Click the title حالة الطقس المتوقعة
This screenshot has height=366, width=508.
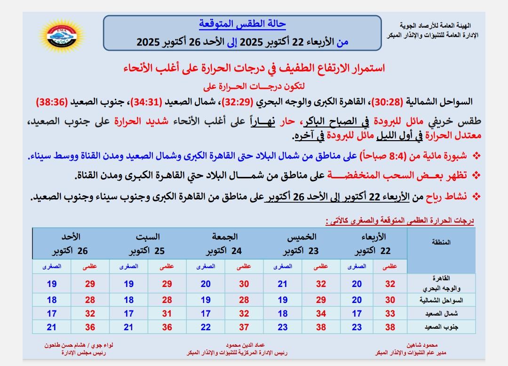[x=242, y=24]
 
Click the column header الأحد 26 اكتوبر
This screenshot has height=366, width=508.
[x=71, y=243]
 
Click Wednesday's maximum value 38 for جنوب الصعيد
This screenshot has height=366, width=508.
[x=390, y=327]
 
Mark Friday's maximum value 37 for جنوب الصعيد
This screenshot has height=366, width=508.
[x=244, y=327]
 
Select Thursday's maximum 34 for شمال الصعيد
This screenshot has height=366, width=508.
[x=321, y=313]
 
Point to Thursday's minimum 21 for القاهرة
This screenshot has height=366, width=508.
[x=283, y=284]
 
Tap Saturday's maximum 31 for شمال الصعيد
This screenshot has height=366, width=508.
[x=167, y=313]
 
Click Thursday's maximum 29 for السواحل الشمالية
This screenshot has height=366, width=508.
[x=321, y=300]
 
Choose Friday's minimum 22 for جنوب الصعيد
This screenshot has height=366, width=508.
[x=206, y=327]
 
